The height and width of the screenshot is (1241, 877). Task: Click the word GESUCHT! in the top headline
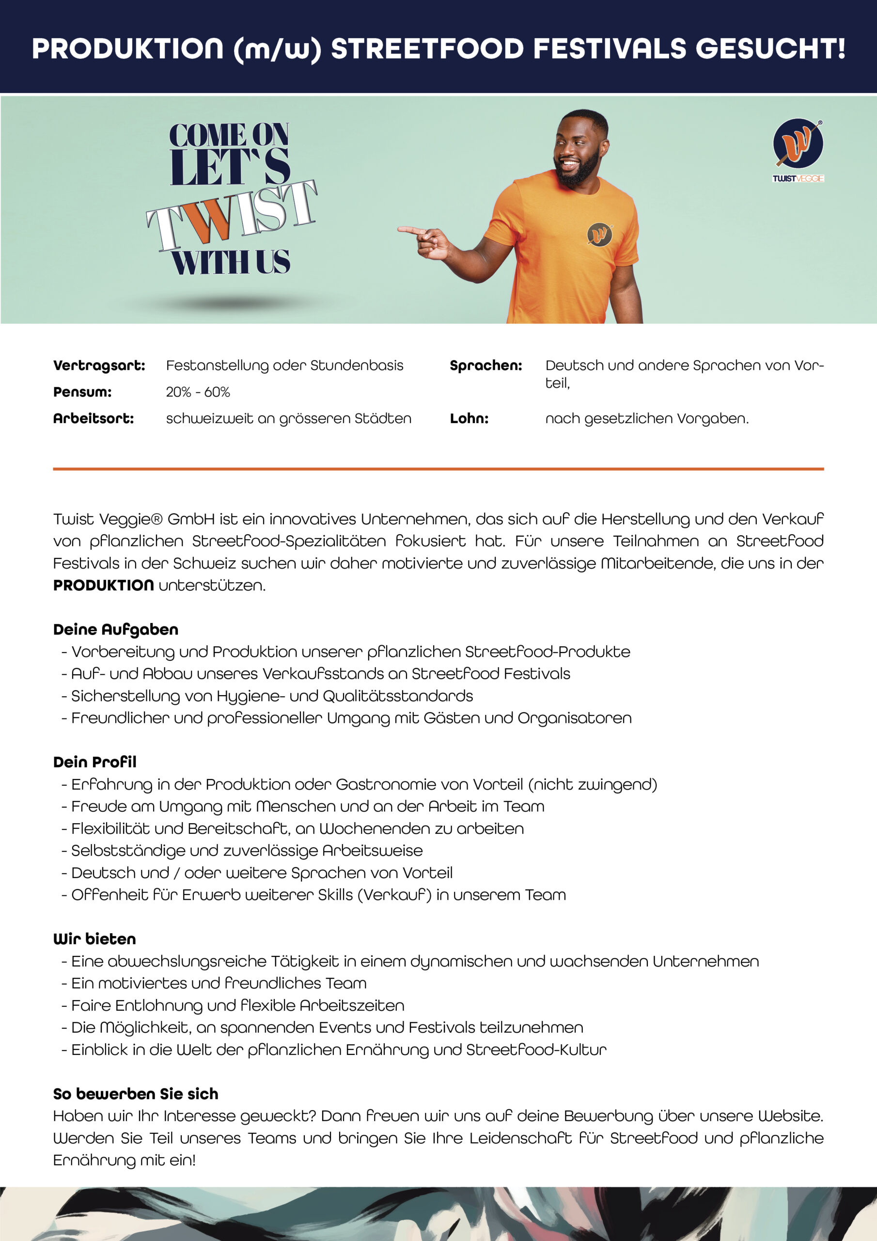pyautogui.click(x=770, y=48)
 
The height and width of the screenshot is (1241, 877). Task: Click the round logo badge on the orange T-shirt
pyautogui.click(x=599, y=234)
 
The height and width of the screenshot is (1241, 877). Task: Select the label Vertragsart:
pyautogui.click(x=99, y=366)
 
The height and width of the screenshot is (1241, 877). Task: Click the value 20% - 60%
pyautogui.click(x=198, y=392)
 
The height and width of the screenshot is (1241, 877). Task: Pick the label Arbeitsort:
pyautogui.click(x=94, y=419)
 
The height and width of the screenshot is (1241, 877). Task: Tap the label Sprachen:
pyautogui.click(x=486, y=366)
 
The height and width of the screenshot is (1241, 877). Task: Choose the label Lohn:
pyautogui.click(x=469, y=419)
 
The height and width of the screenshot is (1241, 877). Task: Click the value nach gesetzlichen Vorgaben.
pyautogui.click(x=647, y=419)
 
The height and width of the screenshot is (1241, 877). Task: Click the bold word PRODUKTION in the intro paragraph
pyautogui.click(x=103, y=586)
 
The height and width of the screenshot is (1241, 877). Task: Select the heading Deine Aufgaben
pyautogui.click(x=116, y=630)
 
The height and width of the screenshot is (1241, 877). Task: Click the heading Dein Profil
pyautogui.click(x=94, y=762)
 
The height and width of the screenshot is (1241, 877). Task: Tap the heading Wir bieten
pyautogui.click(x=94, y=939)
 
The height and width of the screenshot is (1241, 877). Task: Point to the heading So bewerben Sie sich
pyautogui.click(x=136, y=1094)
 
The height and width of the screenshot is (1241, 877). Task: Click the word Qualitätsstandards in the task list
pyautogui.click(x=397, y=696)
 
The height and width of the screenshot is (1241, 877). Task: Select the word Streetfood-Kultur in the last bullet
pyautogui.click(x=536, y=1050)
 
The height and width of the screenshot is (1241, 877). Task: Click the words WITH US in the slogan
pyautogui.click(x=231, y=262)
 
